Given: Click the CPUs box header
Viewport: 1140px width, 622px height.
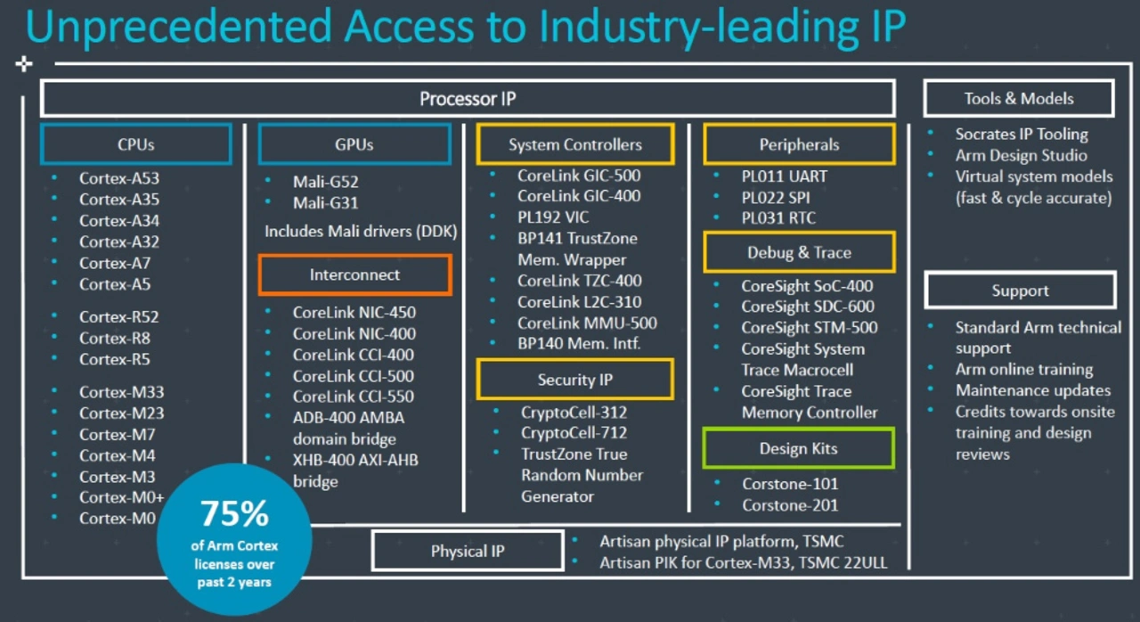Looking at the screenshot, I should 135,144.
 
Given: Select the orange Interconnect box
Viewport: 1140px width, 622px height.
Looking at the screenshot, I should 354,274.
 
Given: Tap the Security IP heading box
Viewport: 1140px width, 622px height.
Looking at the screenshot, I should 574,380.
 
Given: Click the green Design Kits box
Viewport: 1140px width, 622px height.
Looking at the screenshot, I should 798,448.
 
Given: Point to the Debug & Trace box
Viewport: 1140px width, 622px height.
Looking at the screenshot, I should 799,253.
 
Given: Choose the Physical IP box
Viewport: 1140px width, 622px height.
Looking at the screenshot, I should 468,551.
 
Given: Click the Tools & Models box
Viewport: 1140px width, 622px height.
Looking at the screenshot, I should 1018,99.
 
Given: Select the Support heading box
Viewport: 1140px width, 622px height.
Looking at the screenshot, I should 1020,291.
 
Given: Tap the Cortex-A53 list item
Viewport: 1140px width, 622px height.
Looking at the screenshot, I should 119,178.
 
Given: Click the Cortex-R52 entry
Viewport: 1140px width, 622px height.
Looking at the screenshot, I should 119,316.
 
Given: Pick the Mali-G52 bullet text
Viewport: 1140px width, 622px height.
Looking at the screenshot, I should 325,182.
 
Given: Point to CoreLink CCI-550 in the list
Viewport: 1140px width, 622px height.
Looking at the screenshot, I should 354,397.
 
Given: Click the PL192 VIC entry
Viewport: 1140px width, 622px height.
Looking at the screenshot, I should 553,217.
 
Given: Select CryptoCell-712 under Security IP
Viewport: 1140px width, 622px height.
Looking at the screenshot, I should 574,433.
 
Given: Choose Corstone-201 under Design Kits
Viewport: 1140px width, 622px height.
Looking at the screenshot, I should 790,505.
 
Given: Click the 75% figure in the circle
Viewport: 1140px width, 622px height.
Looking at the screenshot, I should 234,514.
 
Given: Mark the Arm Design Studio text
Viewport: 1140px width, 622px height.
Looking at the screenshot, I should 1021,155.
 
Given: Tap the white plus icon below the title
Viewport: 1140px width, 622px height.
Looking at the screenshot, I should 24,64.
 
